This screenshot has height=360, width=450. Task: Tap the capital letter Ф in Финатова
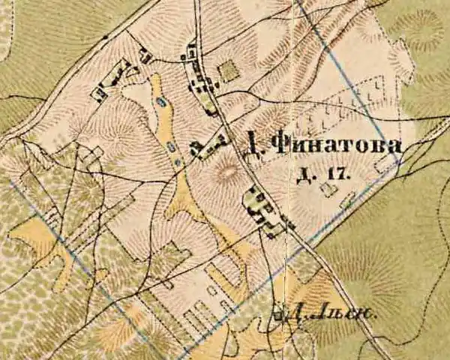coord(279,144)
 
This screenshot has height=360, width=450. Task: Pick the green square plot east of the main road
coord(229,70)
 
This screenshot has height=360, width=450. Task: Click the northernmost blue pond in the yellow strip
coord(160,102)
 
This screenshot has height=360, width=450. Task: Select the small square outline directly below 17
coord(328,190)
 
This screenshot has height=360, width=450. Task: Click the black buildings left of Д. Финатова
coord(208,144)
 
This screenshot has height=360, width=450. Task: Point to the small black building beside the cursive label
coord(280,315)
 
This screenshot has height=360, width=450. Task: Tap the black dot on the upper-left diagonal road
coord(106,36)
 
